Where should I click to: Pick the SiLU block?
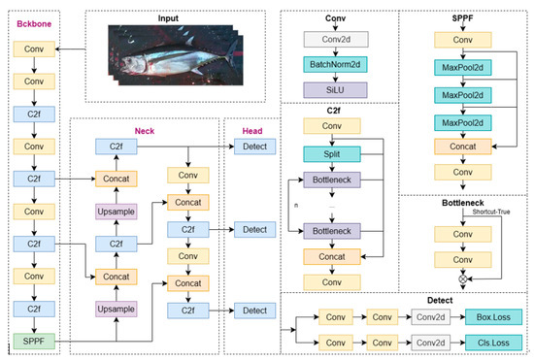pos(339,89)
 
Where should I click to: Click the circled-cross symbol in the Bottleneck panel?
pos(462,277)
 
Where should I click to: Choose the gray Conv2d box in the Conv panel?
pos(339,39)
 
